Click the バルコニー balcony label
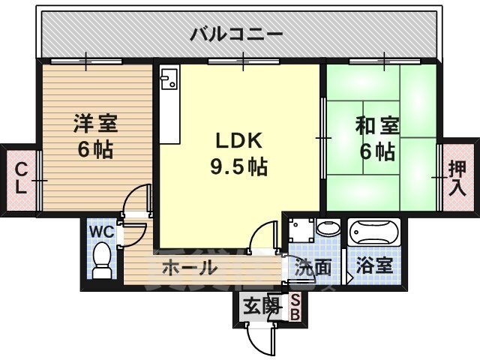(x=236, y=34)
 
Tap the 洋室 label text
(x=95, y=124)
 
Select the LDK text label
(x=239, y=141)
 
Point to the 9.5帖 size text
(x=238, y=166)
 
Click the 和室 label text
(x=377, y=126)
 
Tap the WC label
(x=102, y=232)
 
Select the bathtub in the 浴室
(x=374, y=232)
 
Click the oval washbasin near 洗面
(x=328, y=228)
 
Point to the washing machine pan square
(x=301, y=229)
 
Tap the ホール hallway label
(x=189, y=268)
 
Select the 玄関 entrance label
(x=262, y=306)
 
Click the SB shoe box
(x=295, y=307)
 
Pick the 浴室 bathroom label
(x=374, y=266)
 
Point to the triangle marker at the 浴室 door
(x=350, y=278)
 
